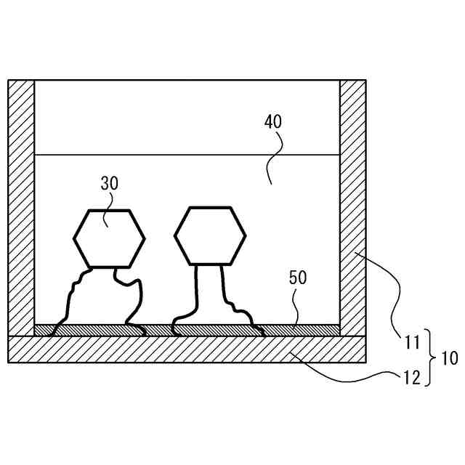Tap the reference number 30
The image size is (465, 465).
click(109, 184)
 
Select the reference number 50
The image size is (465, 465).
click(298, 278)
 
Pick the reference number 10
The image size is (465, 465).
click(449, 357)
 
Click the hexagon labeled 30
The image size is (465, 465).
click(109, 238)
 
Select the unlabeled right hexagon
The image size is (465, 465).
click(209, 235)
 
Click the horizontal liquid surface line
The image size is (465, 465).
click(187, 155)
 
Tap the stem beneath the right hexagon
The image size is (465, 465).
click(209, 291)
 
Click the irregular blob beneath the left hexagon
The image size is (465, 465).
click(102, 298)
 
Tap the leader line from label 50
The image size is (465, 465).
click(294, 309)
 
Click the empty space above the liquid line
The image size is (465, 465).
click(187, 116)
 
